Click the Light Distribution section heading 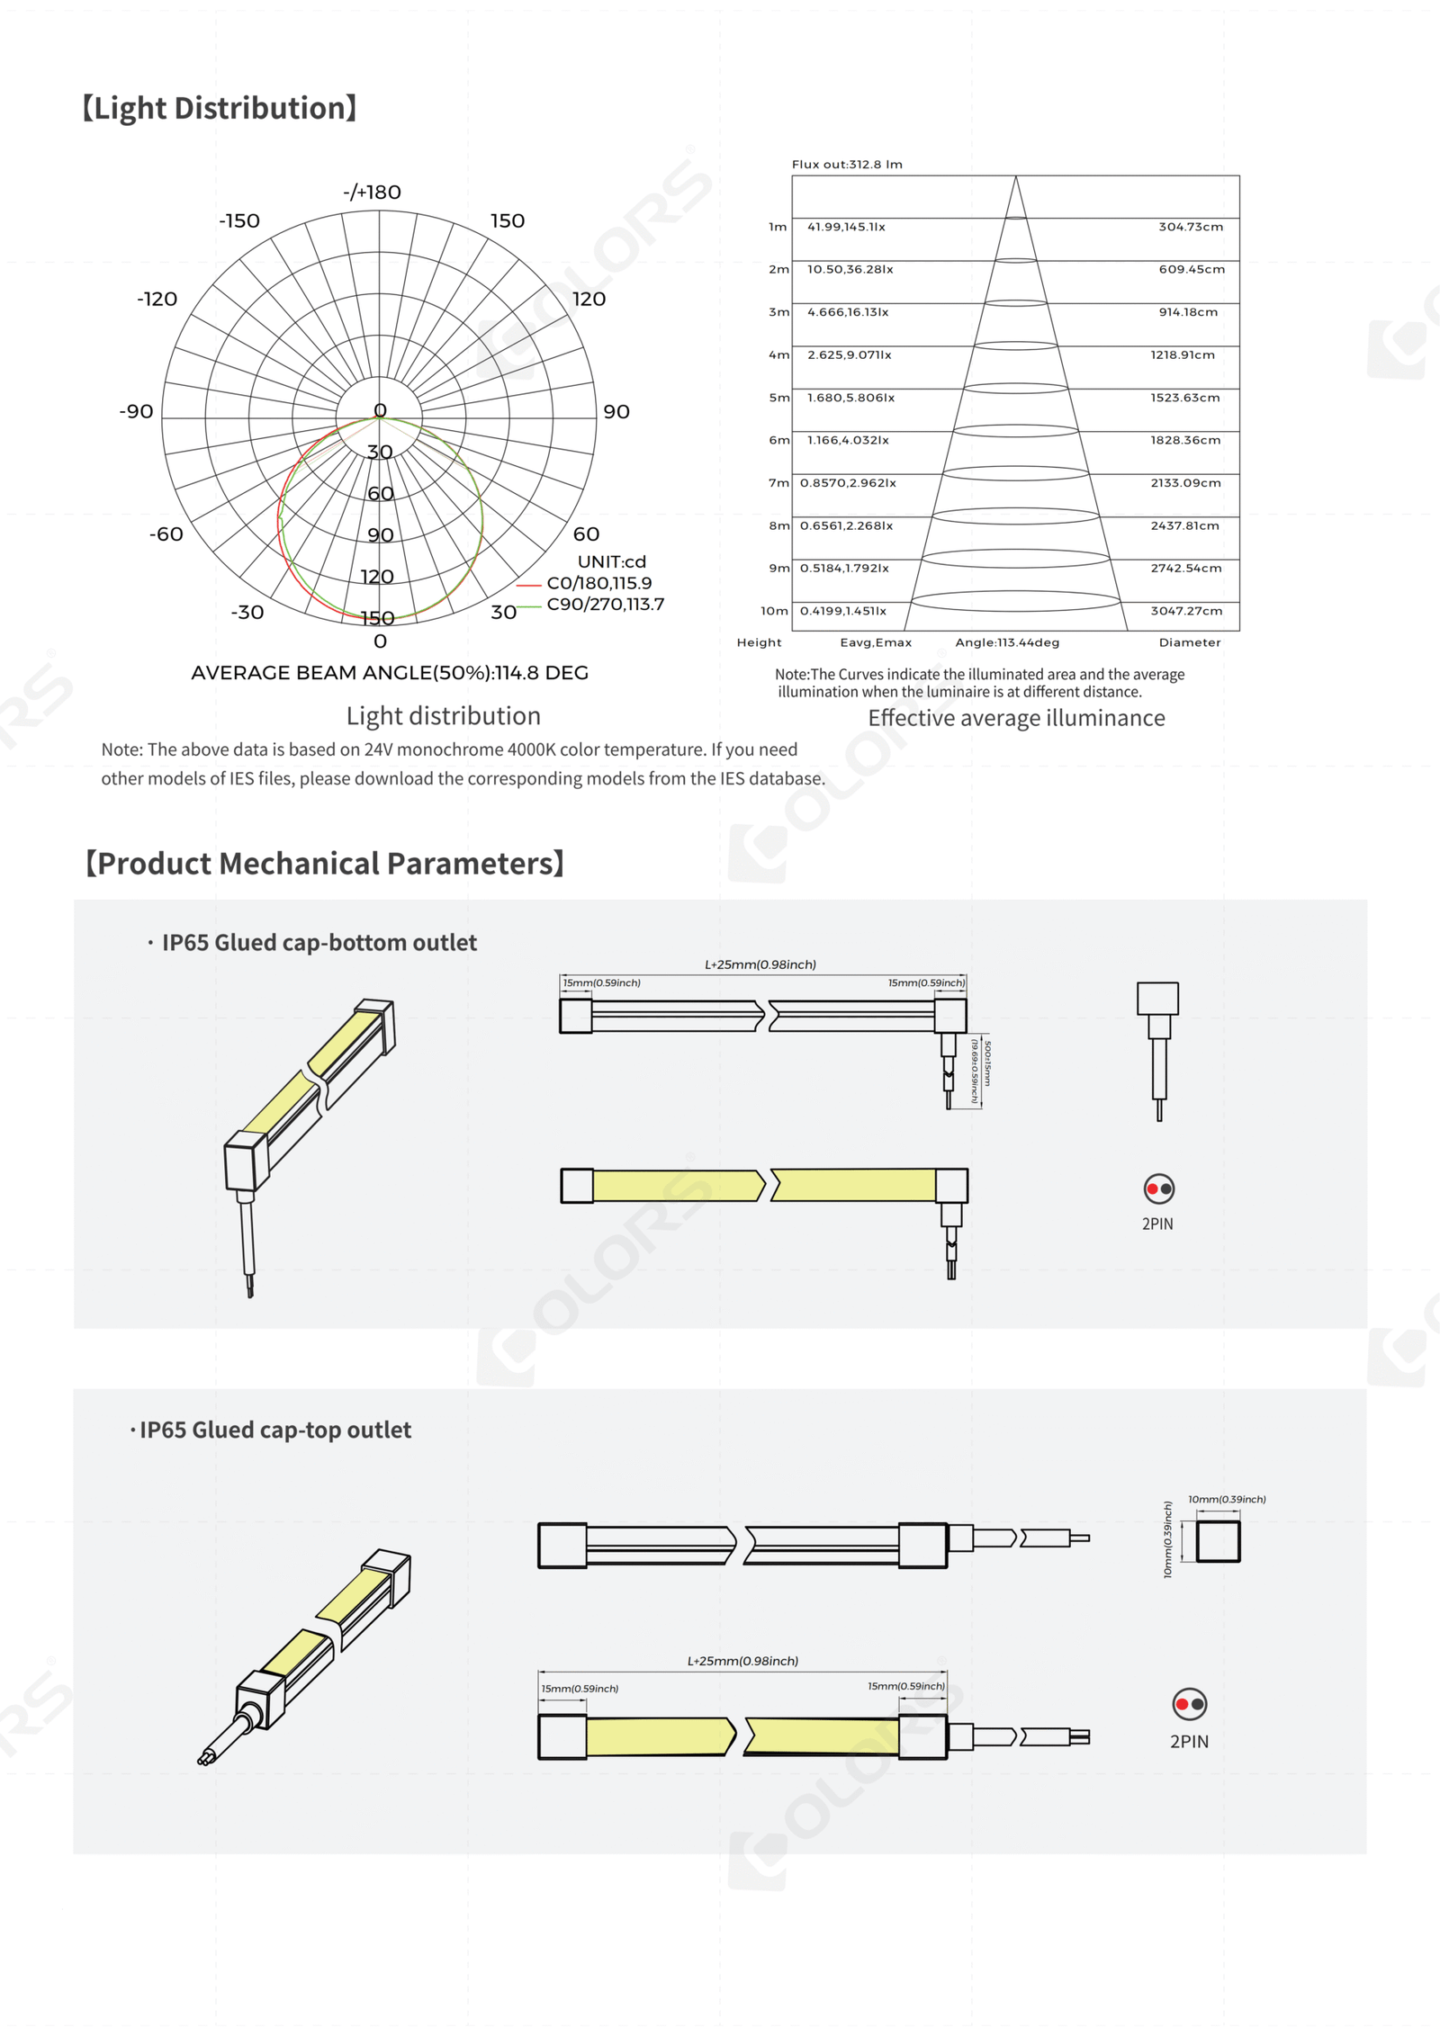pyautogui.click(x=220, y=108)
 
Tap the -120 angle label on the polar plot pyautogui.click(x=157, y=299)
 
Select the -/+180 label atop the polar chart pyautogui.click(x=372, y=192)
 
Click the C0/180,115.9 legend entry pyautogui.click(x=598, y=583)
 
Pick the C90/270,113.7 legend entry pyautogui.click(x=605, y=604)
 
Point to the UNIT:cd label pyautogui.click(x=611, y=561)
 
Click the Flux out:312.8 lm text pyautogui.click(x=846, y=164)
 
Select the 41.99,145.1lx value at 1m pyautogui.click(x=846, y=227)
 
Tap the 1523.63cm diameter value pyautogui.click(x=1184, y=398)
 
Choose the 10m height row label pyautogui.click(x=774, y=611)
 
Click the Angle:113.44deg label pyautogui.click(x=1007, y=642)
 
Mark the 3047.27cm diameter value pyautogui.click(x=1186, y=611)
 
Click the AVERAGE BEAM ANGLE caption pyautogui.click(x=390, y=673)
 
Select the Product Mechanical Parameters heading pyautogui.click(x=324, y=863)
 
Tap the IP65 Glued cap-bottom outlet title pyautogui.click(x=319, y=942)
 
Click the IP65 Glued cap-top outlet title pyautogui.click(x=274, y=1430)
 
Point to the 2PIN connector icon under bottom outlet pyautogui.click(x=1158, y=1188)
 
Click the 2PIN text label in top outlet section pyautogui.click(x=1189, y=1741)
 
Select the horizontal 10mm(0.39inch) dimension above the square pyautogui.click(x=1227, y=1499)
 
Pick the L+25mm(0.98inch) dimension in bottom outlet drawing pyautogui.click(x=760, y=964)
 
